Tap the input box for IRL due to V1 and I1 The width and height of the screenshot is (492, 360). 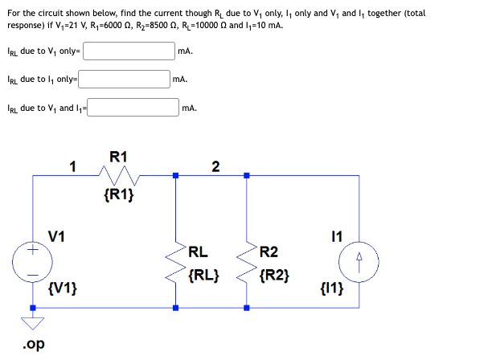(x=133, y=107)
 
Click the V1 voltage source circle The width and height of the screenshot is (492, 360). (x=33, y=263)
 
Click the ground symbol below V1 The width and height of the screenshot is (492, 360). (x=33, y=324)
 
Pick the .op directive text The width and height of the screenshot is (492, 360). (x=31, y=344)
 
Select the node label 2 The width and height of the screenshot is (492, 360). (x=215, y=166)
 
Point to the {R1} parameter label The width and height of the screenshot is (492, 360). (x=119, y=194)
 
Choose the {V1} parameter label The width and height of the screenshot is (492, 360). (x=62, y=288)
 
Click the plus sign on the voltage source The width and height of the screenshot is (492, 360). (x=33, y=252)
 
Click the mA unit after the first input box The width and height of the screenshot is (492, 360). (x=186, y=52)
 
